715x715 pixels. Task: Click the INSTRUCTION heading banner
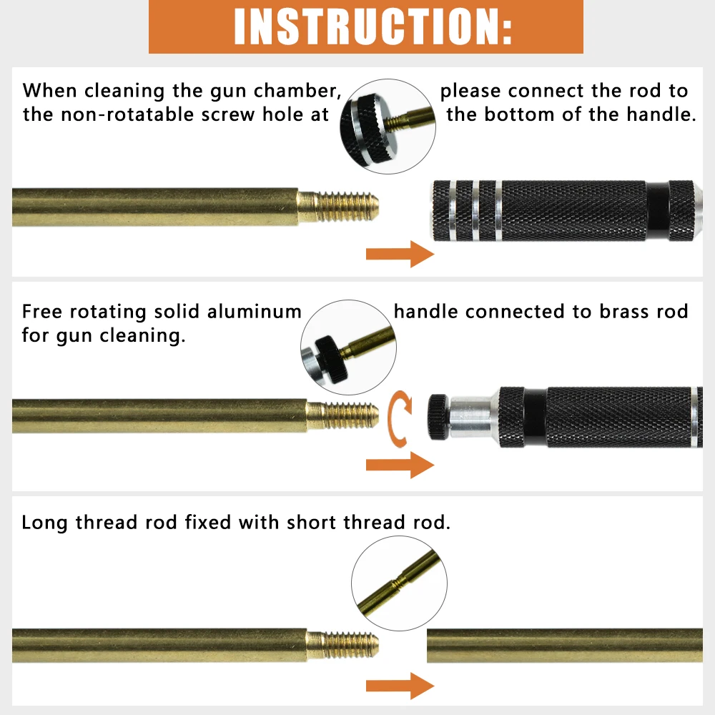pos(365,26)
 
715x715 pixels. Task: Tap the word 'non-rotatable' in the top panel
pos(127,114)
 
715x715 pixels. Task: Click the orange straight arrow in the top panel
pos(400,255)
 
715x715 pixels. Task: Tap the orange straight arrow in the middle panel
pos(400,465)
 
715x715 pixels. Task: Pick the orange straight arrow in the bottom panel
pos(400,687)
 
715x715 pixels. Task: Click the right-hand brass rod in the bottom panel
pos(565,645)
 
